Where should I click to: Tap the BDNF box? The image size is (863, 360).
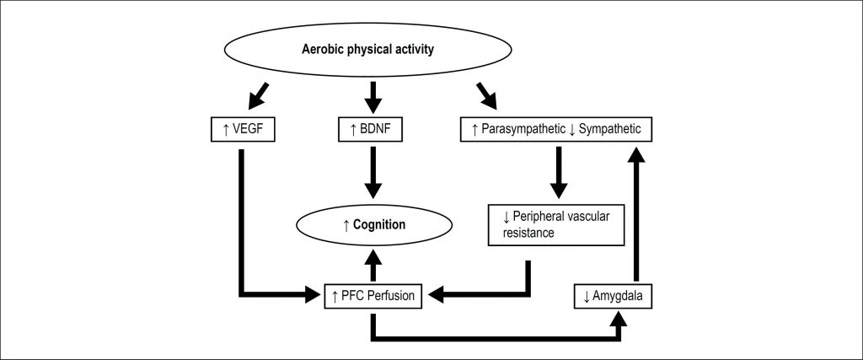[371, 130]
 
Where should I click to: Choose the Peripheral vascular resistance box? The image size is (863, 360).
[555, 223]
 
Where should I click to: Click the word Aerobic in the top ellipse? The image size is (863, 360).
[324, 50]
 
